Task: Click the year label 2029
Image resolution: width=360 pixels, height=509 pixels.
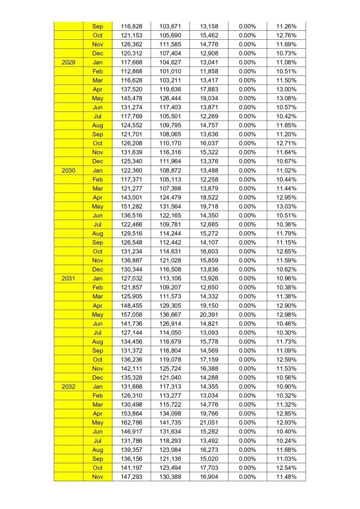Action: [x=69, y=62]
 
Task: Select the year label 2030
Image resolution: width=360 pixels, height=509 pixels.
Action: [x=69, y=170]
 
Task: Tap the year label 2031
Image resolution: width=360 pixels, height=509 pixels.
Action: [x=69, y=278]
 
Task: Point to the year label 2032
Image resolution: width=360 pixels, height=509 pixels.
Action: [x=69, y=386]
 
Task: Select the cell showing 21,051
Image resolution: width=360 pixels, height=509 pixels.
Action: [x=209, y=423]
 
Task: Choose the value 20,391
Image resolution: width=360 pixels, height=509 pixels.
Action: [x=209, y=314]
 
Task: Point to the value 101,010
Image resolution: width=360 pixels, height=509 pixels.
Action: [x=170, y=71]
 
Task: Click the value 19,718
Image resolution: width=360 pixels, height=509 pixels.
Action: [x=209, y=206]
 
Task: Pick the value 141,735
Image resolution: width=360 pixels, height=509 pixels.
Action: [x=170, y=423]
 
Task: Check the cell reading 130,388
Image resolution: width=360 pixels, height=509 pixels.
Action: [x=170, y=477]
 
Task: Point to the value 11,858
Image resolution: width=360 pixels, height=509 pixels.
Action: [x=209, y=71]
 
